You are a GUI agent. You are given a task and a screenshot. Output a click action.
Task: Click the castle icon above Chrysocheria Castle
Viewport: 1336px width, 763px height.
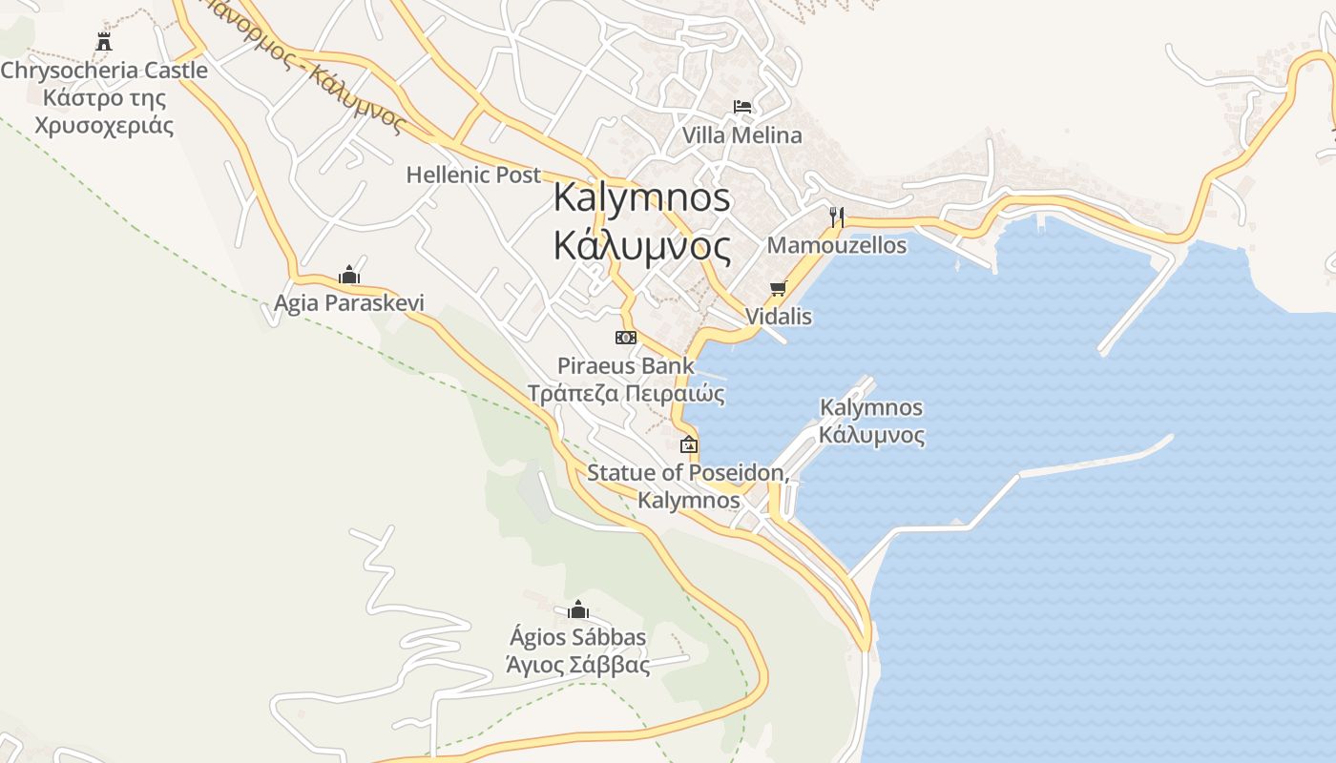104,41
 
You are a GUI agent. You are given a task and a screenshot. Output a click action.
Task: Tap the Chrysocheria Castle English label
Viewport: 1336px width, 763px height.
104,71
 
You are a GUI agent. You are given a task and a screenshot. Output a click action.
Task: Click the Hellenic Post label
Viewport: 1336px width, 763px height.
473,175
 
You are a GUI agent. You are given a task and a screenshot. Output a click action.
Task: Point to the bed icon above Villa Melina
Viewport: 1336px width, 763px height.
742,107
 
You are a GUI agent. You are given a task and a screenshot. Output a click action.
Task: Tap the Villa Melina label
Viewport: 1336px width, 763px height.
741,135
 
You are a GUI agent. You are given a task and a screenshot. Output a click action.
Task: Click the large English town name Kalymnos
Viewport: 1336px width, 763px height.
642,198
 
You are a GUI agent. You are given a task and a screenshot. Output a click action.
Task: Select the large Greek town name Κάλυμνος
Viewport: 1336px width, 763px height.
642,247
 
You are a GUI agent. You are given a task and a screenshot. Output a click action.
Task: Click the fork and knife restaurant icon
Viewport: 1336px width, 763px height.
837,217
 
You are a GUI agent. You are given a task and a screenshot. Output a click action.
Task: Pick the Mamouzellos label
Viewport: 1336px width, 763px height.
837,246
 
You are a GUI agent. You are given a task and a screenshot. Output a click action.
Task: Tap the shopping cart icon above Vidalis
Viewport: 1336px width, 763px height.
778,288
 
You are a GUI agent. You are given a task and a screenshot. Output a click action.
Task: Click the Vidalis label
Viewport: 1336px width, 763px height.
778,317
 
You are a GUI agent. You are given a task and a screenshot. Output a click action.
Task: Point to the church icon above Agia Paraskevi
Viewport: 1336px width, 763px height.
349,276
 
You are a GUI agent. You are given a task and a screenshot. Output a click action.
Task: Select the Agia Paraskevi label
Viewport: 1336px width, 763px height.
349,303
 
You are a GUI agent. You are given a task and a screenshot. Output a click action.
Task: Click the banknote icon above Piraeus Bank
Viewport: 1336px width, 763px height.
626,338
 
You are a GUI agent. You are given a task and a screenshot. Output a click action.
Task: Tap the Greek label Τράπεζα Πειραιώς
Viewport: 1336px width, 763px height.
626,394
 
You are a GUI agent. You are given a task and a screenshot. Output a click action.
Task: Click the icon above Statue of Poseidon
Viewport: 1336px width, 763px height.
688,444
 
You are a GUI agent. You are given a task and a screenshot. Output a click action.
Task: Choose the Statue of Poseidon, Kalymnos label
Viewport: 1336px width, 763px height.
688,485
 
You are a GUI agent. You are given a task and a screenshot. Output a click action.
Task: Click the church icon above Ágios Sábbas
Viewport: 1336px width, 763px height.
578,609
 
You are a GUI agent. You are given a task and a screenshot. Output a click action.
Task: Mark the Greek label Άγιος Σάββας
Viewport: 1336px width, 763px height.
578,666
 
